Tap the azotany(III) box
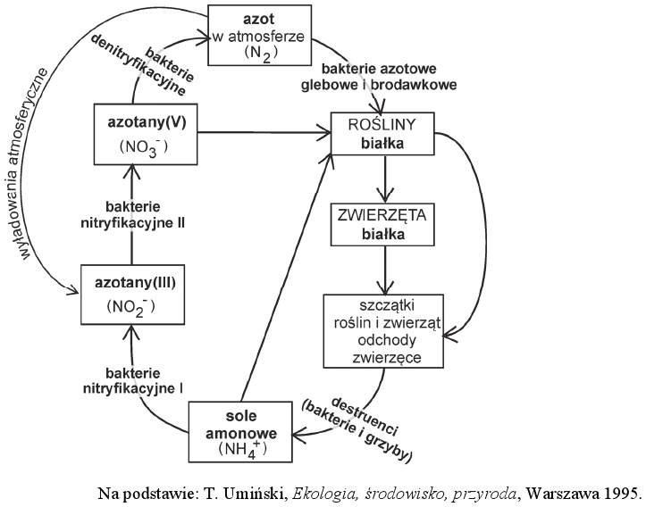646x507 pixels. click(x=131, y=294)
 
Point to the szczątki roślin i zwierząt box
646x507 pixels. click(x=385, y=330)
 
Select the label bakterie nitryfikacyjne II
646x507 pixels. click(x=131, y=214)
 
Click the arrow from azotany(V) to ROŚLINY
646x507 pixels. click(x=259, y=133)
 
